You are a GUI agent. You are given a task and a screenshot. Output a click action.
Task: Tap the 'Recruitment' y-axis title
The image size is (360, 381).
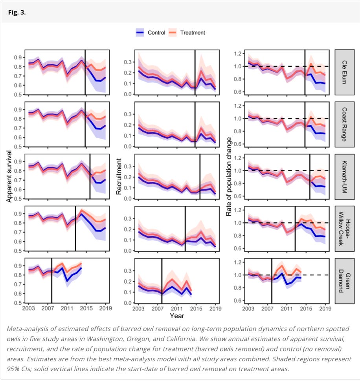click(118, 176)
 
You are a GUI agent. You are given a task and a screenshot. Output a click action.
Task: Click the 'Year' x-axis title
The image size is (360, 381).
click(177, 315)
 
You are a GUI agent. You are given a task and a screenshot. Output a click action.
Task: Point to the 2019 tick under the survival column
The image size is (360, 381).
click(105, 309)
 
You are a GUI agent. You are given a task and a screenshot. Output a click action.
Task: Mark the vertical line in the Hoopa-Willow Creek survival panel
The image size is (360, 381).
click(75, 229)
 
